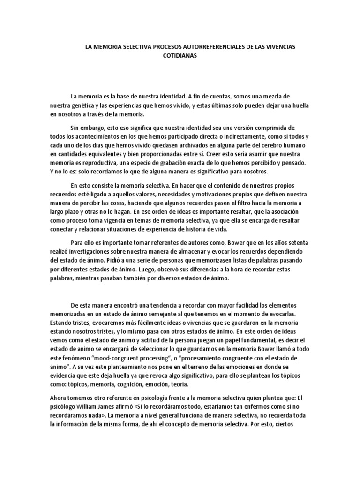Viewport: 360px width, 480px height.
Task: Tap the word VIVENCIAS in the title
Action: (x=279, y=48)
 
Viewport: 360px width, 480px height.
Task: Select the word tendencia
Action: (x=165, y=305)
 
